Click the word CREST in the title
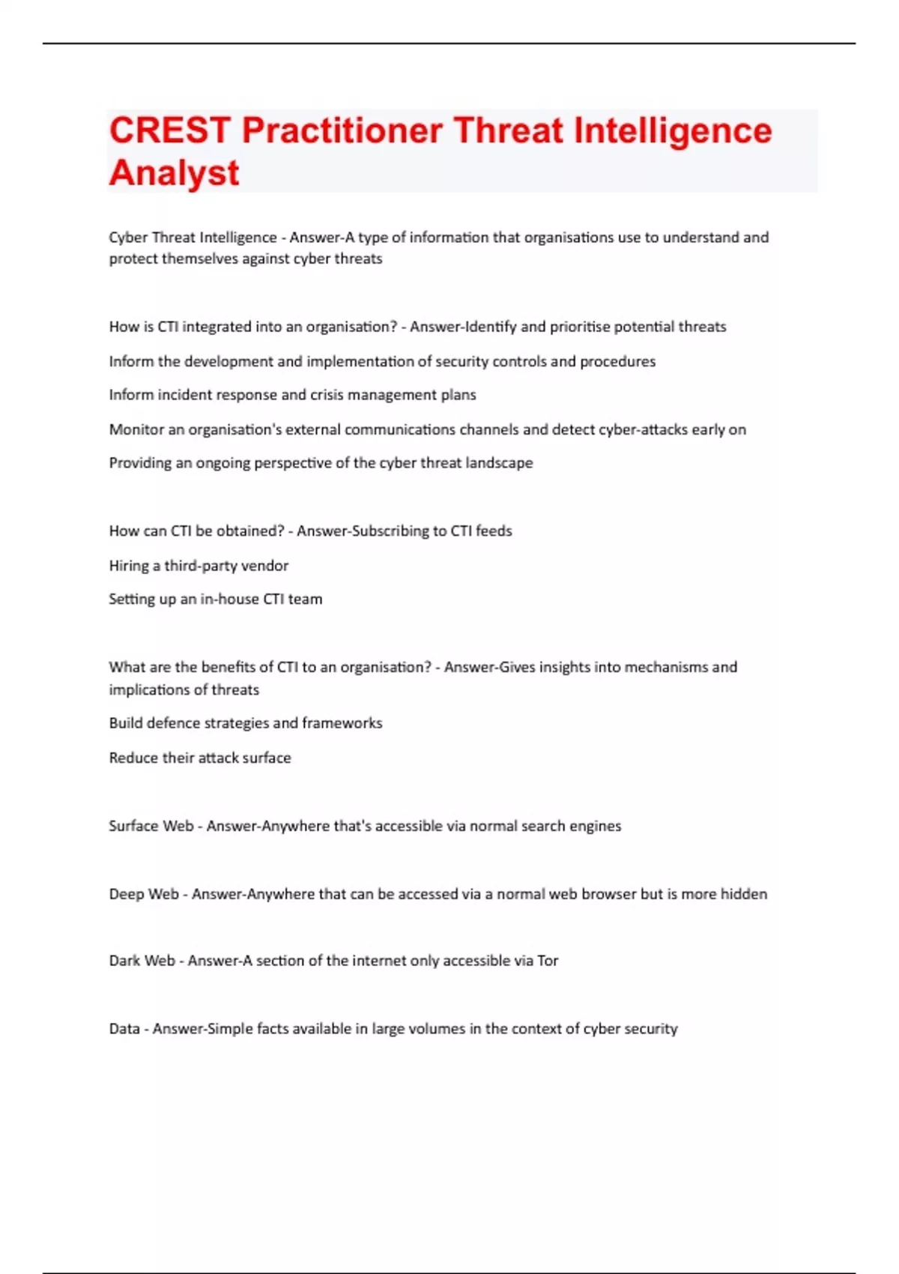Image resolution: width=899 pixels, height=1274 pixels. (170, 131)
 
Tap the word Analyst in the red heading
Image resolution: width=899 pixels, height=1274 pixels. (174, 173)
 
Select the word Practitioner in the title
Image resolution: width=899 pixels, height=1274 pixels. (342, 131)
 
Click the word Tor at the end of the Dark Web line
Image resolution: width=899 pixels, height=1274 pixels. (548, 961)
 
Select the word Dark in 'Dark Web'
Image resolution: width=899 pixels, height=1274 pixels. (124, 961)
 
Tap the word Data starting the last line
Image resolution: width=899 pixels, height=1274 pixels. (124, 1029)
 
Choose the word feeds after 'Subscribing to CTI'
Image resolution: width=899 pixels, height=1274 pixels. (494, 531)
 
